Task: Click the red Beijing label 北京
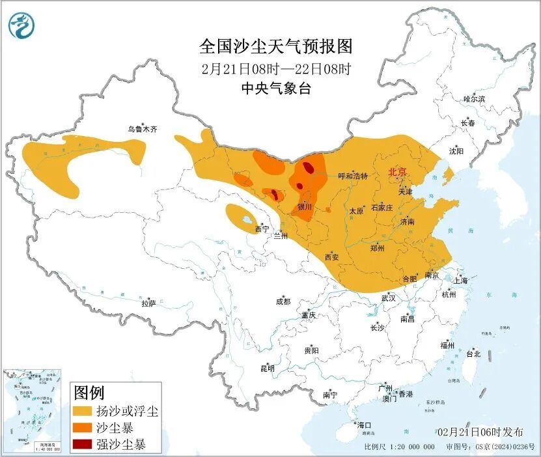[x=397, y=173]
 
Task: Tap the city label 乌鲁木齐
[x=143, y=130]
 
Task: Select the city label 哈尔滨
[x=474, y=99]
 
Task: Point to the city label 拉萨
[x=148, y=303]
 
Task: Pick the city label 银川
[x=305, y=207]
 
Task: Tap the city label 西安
[x=332, y=257]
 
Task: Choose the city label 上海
[x=461, y=281]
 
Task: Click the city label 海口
[x=363, y=425]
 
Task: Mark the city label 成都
[x=283, y=301]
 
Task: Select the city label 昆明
[x=268, y=368]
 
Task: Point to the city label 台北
[x=473, y=354]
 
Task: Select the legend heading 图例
[x=89, y=393]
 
